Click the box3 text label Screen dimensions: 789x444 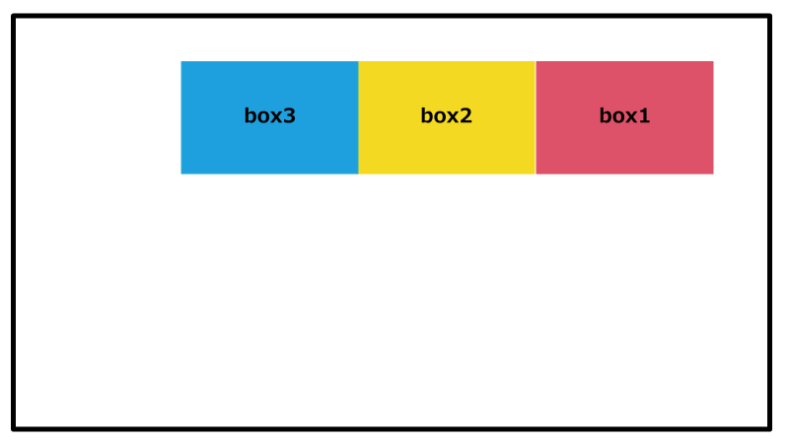(269, 115)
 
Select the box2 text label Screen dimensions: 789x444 (447, 115)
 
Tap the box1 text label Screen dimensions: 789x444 (624, 115)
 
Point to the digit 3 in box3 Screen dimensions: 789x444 (289, 116)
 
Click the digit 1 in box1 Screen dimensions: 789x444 (644, 115)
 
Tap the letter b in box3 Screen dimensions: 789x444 (251, 115)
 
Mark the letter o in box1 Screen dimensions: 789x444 (618, 117)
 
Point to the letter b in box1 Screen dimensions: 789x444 (606, 115)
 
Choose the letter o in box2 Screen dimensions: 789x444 (440, 117)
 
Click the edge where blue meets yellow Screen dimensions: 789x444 (358, 117)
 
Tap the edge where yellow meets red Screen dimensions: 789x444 (536, 117)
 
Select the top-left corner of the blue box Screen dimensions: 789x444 (181, 61)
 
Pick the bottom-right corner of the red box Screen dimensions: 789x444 (713, 175)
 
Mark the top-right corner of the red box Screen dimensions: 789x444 (713, 61)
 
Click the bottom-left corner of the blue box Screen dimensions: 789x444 (181, 175)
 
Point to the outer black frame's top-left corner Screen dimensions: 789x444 (12, 15)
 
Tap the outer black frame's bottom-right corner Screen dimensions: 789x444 (771, 430)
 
